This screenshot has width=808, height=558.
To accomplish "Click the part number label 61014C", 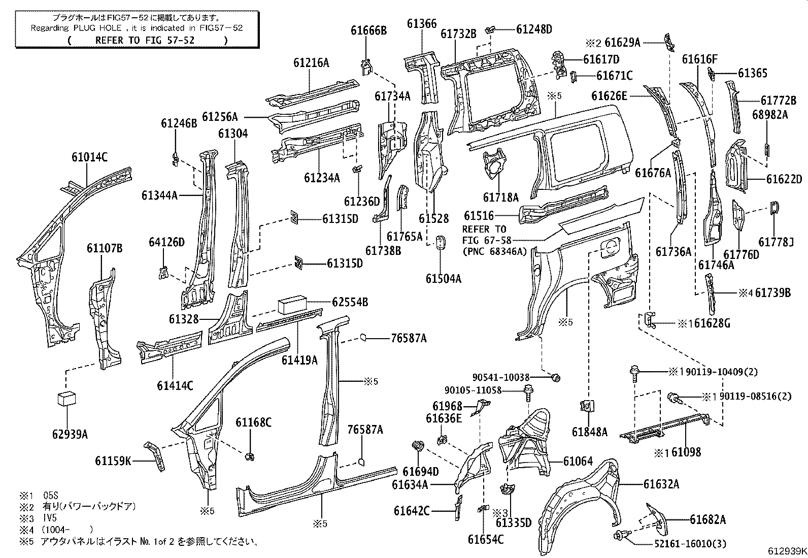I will (x=89, y=157).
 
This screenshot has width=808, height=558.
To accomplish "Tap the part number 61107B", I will (x=104, y=248).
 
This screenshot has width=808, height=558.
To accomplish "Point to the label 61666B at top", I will (x=369, y=31).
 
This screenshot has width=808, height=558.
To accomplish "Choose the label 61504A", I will (x=443, y=278).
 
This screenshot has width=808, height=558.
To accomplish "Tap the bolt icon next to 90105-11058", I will (x=527, y=391).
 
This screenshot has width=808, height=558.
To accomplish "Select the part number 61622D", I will (x=784, y=179).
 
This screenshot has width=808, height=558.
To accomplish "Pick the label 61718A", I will (x=500, y=198).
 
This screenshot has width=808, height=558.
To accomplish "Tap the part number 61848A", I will (x=589, y=432).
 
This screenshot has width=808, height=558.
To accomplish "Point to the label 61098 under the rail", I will (x=686, y=452).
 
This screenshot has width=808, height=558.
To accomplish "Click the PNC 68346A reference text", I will (x=495, y=250).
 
